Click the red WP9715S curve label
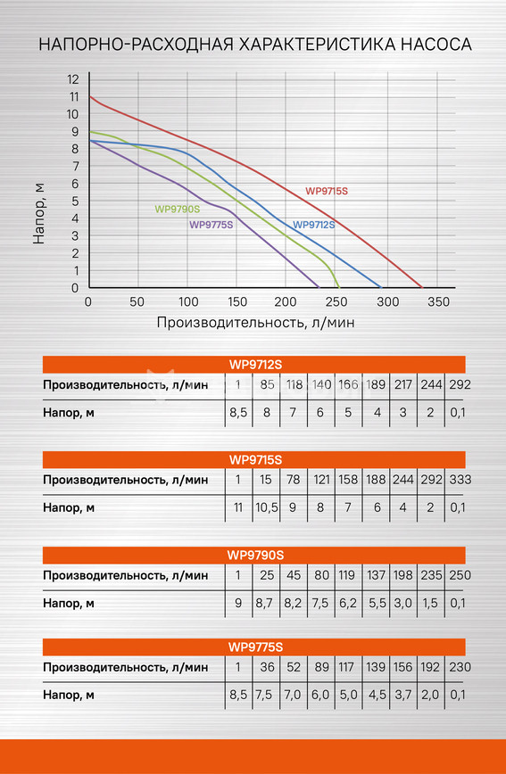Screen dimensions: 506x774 tap(327, 191)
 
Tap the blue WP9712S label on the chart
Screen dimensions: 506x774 tap(314, 225)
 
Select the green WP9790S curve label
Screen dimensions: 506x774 tap(178, 209)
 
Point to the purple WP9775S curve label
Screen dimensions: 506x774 tap(211, 225)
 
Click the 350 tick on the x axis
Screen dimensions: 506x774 tap(438, 301)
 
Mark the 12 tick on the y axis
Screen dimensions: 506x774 tap(73, 79)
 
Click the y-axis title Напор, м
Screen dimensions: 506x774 tap(38, 213)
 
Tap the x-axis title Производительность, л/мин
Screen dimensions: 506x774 tap(255, 322)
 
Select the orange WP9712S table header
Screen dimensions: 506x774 tap(254, 365)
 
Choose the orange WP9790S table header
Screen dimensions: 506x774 tap(254, 555)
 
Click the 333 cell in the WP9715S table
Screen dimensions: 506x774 tap(460, 480)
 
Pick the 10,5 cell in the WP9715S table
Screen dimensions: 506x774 tap(267, 507)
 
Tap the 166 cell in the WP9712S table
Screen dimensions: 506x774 tap(348, 384)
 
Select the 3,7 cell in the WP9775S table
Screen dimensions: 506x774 tap(402, 695)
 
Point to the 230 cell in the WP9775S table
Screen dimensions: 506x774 tap(460, 667)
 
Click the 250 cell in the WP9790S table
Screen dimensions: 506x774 tap(460, 575)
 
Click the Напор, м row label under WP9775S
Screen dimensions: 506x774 tap(69, 695)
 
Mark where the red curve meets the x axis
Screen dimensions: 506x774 tap(421, 287)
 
